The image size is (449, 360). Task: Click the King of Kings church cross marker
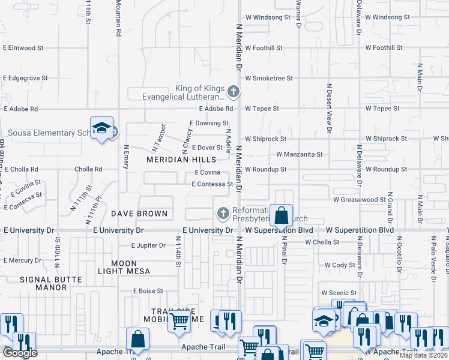[234, 92]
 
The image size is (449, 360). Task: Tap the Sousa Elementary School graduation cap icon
[102, 128]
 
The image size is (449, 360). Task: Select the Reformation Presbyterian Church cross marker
[223, 213]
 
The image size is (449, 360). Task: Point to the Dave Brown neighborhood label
[139, 214]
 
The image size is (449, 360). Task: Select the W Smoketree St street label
[268, 78]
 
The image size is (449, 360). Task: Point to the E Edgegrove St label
[25, 78]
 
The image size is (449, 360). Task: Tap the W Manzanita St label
[299, 154]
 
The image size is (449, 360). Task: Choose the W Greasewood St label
[360, 199]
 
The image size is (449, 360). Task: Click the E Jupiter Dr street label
[148, 245]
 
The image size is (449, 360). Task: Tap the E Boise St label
[148, 291]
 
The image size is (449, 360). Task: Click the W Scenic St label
[340, 293]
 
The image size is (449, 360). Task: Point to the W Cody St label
[340, 265]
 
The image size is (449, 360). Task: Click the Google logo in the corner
[20, 353]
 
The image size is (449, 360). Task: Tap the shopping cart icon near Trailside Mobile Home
[179, 322]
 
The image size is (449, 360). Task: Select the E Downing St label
[209, 123]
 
